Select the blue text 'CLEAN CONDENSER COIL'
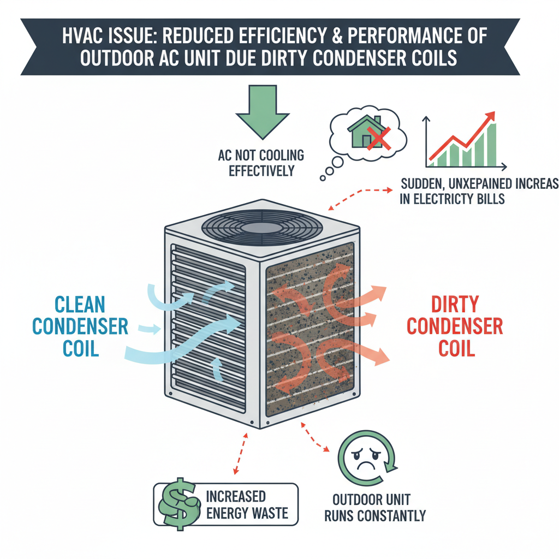(80, 326)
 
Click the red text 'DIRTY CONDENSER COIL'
(455, 326)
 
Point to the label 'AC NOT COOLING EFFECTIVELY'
(260, 163)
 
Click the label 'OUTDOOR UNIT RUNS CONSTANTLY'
(374, 508)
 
